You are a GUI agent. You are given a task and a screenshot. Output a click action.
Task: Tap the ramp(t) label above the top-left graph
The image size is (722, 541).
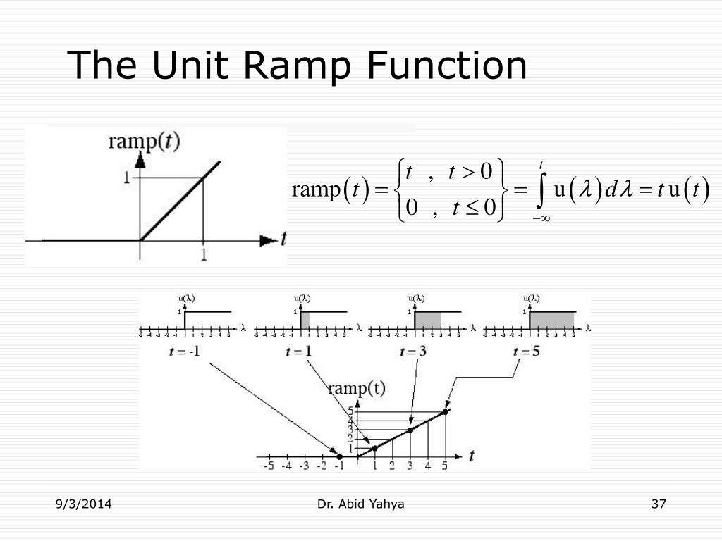(x=144, y=142)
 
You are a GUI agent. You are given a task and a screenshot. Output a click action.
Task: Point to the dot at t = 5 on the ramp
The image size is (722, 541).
(x=446, y=412)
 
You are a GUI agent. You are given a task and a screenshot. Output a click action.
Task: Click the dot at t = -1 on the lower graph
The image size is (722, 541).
(x=340, y=456)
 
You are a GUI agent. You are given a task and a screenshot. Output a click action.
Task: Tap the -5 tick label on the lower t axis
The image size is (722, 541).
(x=269, y=466)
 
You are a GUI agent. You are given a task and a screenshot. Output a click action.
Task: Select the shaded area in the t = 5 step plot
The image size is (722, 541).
(x=551, y=320)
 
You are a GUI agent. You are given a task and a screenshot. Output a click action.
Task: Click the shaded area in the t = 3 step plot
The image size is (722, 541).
(x=427, y=320)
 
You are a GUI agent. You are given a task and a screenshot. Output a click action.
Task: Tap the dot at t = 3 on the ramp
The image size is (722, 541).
(x=410, y=430)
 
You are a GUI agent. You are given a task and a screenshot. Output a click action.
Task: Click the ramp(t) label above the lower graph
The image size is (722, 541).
(x=357, y=388)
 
